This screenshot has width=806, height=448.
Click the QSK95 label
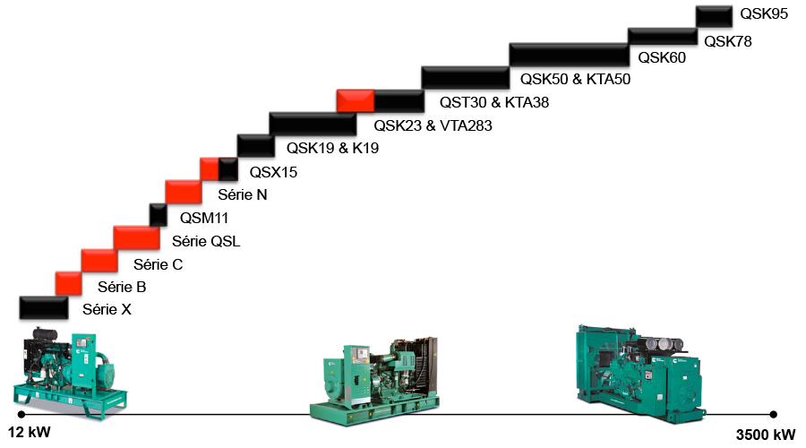(763, 15)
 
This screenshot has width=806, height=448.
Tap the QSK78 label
(727, 40)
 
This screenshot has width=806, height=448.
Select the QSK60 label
(661, 59)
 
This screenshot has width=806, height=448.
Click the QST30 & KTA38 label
(494, 103)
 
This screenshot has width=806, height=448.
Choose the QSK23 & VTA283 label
(433, 126)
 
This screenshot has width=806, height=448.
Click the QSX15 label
(272, 172)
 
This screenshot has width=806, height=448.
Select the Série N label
(243, 194)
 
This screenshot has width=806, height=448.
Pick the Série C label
(158, 264)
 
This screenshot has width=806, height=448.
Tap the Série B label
(121, 288)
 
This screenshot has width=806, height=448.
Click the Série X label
(107, 311)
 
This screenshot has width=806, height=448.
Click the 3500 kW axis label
(765, 435)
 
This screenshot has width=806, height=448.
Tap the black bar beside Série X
(43, 307)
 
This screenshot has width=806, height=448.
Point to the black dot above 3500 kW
(773, 414)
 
